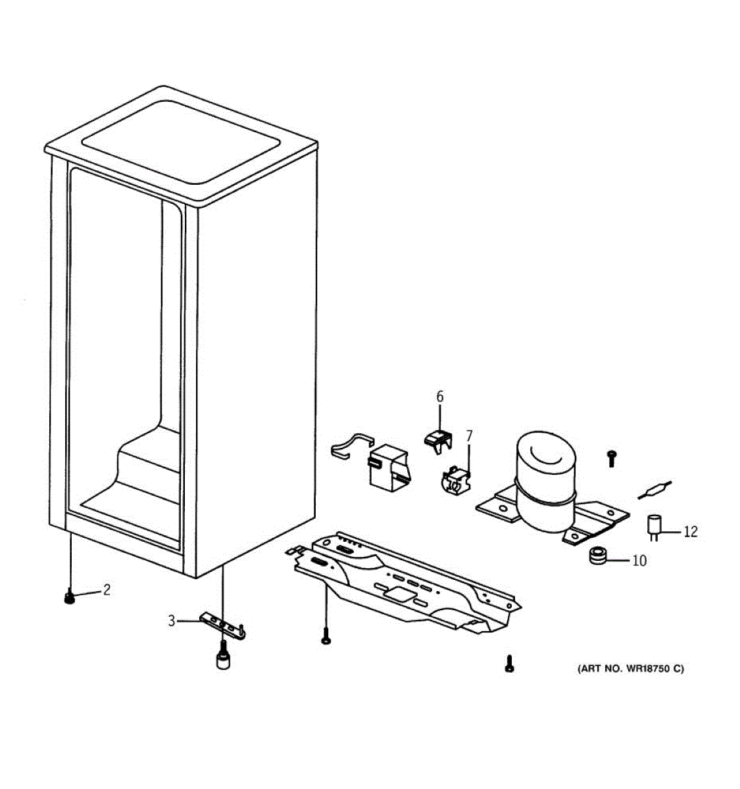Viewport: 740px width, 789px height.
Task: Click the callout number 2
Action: pyautogui.click(x=106, y=590)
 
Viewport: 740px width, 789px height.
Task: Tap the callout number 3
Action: pyautogui.click(x=171, y=620)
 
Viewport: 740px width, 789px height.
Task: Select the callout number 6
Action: pyautogui.click(x=440, y=396)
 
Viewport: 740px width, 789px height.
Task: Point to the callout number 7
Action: pyautogui.click(x=469, y=435)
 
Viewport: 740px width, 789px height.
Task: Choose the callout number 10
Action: pyautogui.click(x=639, y=561)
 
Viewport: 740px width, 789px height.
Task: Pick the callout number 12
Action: pyautogui.click(x=690, y=531)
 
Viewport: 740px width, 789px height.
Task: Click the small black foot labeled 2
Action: pyautogui.click(x=70, y=598)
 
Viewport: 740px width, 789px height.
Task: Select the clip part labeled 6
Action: pyautogui.click(x=437, y=438)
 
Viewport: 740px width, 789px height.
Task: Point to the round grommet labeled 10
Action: pyautogui.click(x=597, y=556)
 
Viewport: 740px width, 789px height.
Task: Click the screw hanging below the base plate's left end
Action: pyautogui.click(x=326, y=637)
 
